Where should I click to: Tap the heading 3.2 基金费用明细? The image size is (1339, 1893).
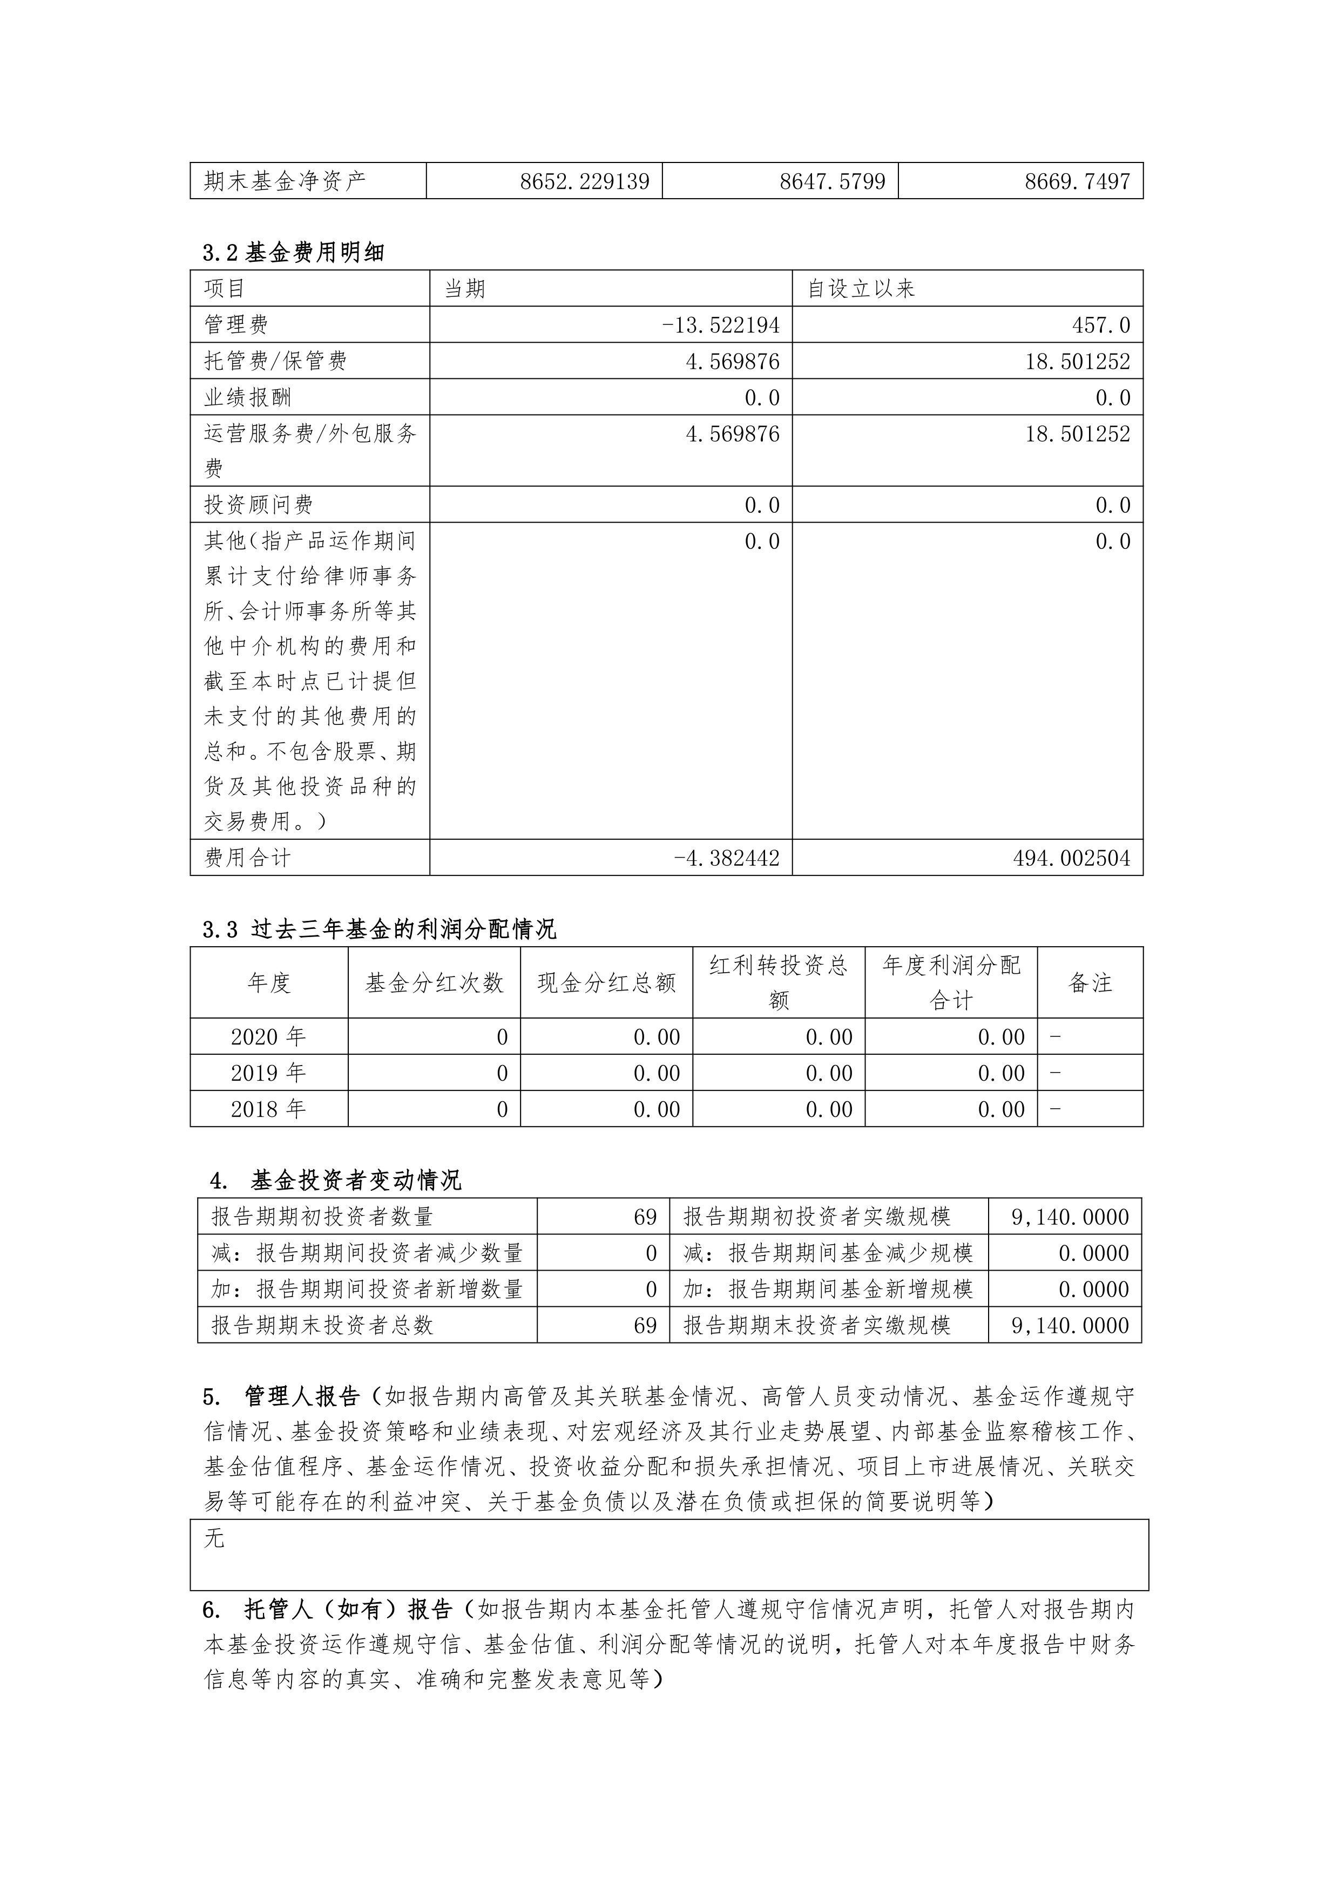pos(294,252)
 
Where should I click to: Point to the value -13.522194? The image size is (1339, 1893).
pos(721,325)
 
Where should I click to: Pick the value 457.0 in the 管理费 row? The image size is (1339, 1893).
pos(1101,325)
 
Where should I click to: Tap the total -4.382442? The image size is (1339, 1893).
pos(726,858)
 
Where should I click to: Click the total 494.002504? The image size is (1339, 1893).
pos(1071,858)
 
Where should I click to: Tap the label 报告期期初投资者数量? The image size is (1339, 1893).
pos(322,1216)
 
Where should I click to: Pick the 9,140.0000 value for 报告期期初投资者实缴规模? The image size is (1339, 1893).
pos(1070,1217)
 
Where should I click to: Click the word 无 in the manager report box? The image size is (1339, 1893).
pos(214,1538)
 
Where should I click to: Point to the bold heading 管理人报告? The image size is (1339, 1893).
pos(302,1396)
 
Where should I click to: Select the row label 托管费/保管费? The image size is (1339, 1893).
pos(275,361)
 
